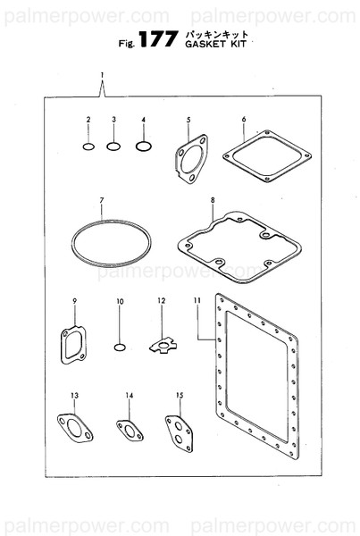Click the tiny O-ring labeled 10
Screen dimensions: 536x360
point(121,345)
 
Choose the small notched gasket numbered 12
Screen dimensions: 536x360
point(163,342)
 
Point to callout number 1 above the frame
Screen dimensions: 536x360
point(103,74)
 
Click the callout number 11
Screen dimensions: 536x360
point(196,301)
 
